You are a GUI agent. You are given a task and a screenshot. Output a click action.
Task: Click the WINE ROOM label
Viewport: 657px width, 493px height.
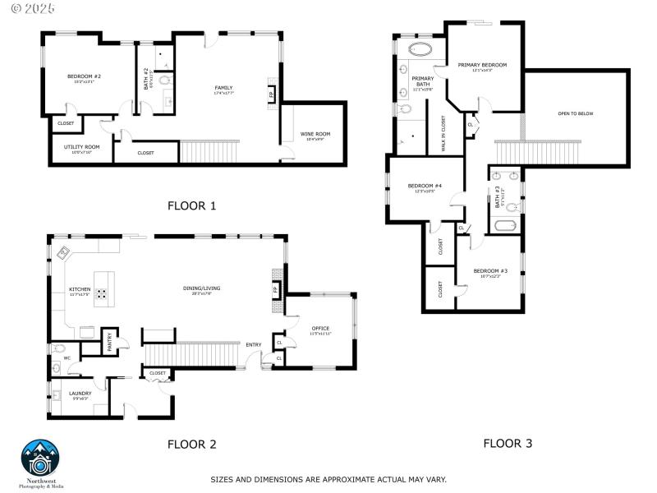[x=315, y=134]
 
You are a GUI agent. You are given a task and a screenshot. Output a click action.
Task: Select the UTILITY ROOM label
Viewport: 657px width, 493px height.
[x=82, y=147]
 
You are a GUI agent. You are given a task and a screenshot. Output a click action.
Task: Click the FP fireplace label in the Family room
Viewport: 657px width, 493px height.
[x=272, y=94]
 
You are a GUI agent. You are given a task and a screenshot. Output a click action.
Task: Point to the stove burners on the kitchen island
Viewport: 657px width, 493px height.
[x=103, y=293]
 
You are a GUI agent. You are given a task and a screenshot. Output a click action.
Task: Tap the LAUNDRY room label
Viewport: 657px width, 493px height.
[x=80, y=393]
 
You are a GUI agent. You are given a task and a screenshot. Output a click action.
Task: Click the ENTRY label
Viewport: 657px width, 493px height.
[x=253, y=344]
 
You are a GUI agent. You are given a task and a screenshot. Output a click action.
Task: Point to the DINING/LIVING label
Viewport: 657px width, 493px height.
[x=201, y=288]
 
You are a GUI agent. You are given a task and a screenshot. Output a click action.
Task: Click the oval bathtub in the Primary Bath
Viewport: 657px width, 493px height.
[x=420, y=49]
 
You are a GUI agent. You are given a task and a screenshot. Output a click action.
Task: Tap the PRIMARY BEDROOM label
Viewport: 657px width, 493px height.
[x=482, y=65]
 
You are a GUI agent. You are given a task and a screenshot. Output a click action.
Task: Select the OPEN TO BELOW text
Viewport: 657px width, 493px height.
[x=575, y=113]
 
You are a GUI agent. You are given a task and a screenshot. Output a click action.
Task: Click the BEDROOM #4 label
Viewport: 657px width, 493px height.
[x=425, y=186]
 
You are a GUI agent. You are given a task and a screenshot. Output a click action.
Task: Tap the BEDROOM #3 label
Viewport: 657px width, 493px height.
[x=490, y=271]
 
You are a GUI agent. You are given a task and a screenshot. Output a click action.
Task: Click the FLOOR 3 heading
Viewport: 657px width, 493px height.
[x=507, y=444]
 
